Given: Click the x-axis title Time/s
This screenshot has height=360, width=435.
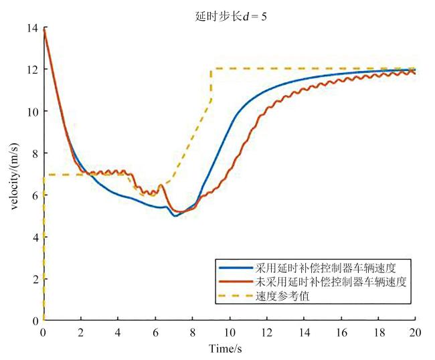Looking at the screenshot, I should [x=230, y=349].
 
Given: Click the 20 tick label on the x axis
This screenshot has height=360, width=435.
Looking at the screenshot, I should [x=415, y=332].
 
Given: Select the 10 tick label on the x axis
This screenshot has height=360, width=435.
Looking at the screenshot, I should [x=230, y=332].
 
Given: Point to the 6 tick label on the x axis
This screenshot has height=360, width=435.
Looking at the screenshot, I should [x=155, y=332].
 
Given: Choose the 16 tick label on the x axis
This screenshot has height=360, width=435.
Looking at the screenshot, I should [x=341, y=332].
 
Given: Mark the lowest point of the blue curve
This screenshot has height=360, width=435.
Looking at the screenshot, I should [x=175, y=216].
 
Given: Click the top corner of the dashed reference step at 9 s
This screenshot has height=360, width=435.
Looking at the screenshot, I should [x=211, y=69].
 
